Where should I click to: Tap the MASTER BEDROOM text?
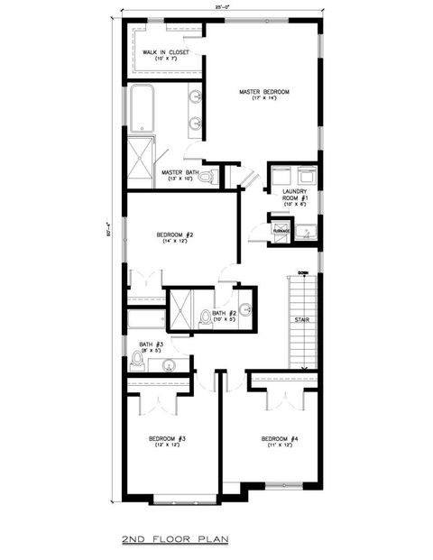click(264, 92)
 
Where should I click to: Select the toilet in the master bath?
click(206, 178)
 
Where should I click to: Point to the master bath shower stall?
click(140, 155)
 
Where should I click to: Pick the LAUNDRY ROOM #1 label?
click(295, 194)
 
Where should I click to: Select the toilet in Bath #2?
click(206, 317)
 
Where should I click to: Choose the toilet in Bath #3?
click(137, 361)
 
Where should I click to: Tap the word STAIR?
click(301, 320)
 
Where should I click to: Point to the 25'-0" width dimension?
click(221, 6)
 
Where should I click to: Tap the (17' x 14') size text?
click(264, 100)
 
